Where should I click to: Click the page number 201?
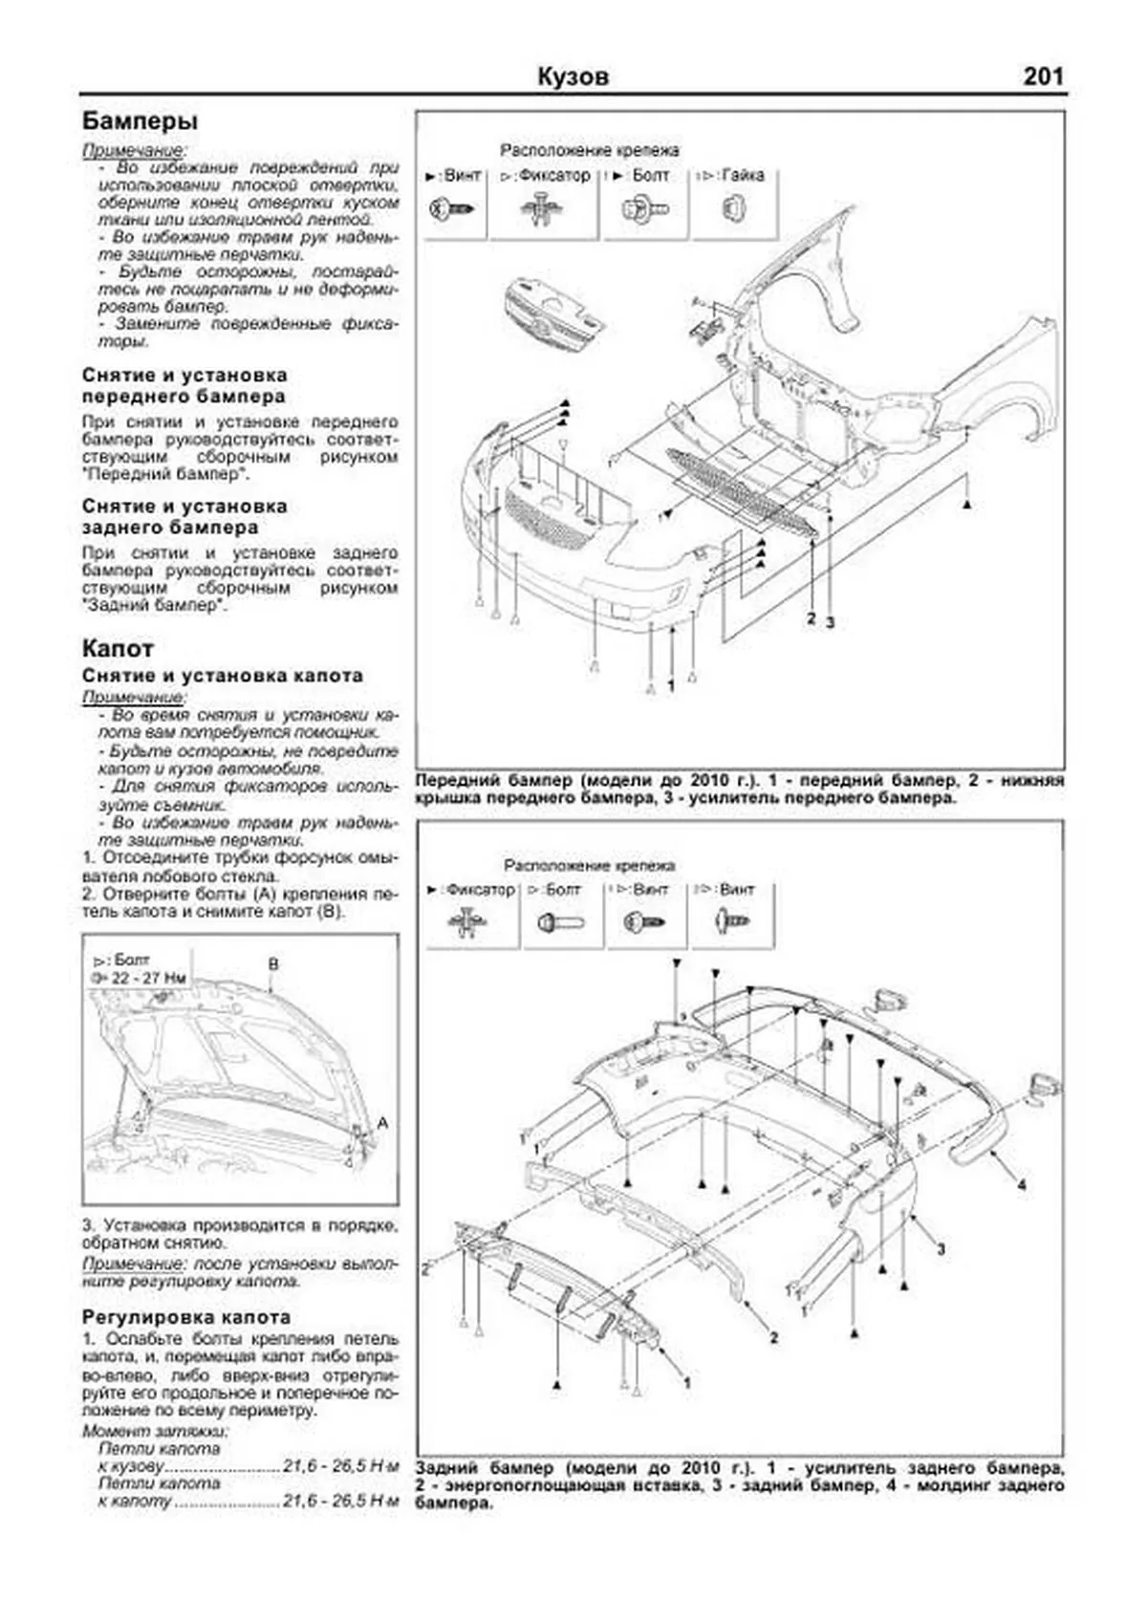pyautogui.click(x=1043, y=76)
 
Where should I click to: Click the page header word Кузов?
pyautogui.click(x=573, y=76)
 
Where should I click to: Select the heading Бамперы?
pyautogui.click(x=141, y=121)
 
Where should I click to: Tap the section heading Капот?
pyautogui.click(x=118, y=648)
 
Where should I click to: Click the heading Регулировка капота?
pyautogui.click(x=186, y=1316)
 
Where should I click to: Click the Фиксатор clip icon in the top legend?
pyautogui.click(x=545, y=209)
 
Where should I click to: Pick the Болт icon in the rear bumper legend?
pyautogui.click(x=562, y=922)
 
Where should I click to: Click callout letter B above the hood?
pyautogui.click(x=273, y=963)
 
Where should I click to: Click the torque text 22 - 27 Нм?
pyautogui.click(x=149, y=978)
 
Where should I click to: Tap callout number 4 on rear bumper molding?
pyautogui.click(x=1021, y=1185)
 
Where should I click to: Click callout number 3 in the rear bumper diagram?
pyautogui.click(x=941, y=1249)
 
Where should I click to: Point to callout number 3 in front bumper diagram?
pyautogui.click(x=831, y=621)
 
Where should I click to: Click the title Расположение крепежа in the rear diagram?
pyautogui.click(x=589, y=865)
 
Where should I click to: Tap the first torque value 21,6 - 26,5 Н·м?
pyautogui.click(x=340, y=1466)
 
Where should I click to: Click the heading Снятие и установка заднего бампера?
pyautogui.click(x=184, y=516)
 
